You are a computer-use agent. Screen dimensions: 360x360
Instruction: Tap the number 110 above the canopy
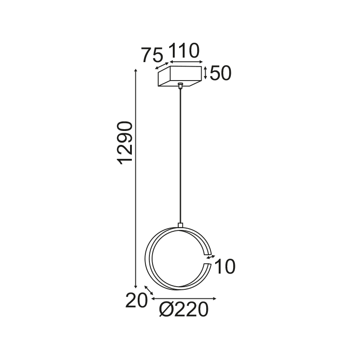click(184, 51)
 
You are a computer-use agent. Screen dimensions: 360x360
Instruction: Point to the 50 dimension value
click(220, 73)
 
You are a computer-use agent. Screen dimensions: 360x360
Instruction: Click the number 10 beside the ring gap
click(225, 267)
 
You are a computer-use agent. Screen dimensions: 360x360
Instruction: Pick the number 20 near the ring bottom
click(136, 301)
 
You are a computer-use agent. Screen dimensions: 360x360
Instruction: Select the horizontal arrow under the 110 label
click(185, 62)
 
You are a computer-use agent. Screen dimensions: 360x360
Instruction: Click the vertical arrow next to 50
click(206, 73)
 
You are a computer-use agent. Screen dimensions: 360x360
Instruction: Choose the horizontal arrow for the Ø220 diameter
click(184, 298)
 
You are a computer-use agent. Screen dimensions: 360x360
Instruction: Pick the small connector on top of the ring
click(180, 225)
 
